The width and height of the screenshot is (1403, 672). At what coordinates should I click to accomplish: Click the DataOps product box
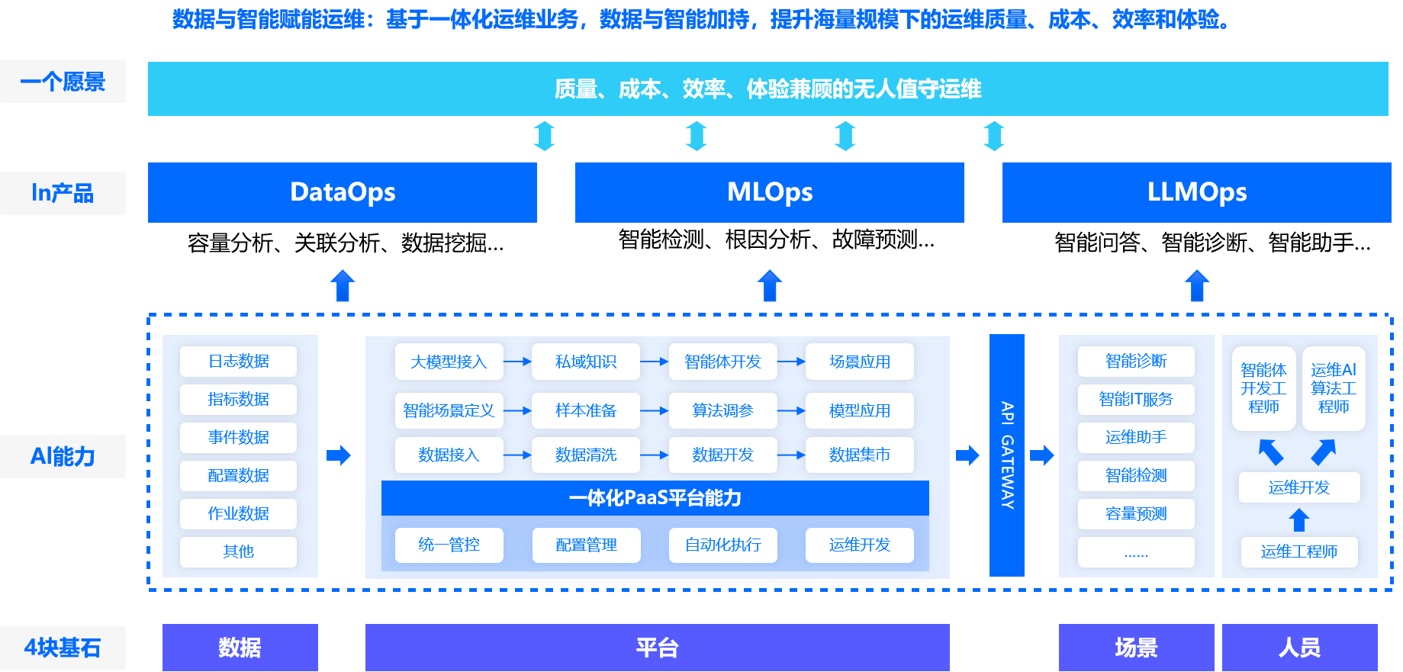point(343,192)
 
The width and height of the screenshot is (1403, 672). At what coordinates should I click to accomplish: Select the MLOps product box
point(769,192)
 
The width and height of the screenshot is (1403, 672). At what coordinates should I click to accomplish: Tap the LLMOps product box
point(1196,192)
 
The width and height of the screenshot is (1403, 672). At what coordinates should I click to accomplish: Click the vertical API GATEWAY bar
point(1007,455)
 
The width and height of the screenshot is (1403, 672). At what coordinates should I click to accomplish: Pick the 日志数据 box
point(238,362)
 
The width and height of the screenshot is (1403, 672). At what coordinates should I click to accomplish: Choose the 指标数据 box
point(238,400)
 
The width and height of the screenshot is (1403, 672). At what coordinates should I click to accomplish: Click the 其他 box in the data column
point(238,551)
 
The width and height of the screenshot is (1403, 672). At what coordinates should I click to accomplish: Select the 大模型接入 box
point(449,362)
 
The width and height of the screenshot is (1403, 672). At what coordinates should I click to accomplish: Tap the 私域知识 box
point(586,362)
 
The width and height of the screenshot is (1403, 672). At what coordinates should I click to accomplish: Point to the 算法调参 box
point(722,410)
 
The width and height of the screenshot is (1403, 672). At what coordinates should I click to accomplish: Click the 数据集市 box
point(860,455)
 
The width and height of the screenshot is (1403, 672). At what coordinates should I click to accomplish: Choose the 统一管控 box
point(449,545)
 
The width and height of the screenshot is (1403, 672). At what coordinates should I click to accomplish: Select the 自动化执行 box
point(722,545)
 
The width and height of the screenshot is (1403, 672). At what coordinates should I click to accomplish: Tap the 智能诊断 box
point(1136,362)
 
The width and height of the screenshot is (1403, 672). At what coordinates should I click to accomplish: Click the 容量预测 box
point(1136,513)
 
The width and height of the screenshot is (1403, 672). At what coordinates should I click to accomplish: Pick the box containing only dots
point(1136,552)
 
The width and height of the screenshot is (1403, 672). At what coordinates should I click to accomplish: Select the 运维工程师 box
point(1298,551)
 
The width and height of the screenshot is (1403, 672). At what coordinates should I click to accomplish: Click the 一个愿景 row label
point(63,82)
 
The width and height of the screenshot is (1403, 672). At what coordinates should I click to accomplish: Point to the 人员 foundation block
point(1299,648)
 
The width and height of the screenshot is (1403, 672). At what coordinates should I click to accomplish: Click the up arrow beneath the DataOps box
point(343,286)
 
